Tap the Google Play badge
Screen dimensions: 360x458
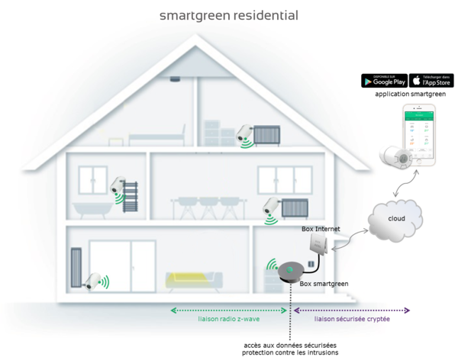tap(383, 81)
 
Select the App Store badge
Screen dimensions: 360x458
tap(431, 81)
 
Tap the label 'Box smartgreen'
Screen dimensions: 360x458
tap(324, 284)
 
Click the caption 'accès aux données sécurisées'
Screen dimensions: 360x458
tap(290, 345)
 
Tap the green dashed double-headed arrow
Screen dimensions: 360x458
tap(229, 310)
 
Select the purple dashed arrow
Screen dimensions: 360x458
tap(352, 310)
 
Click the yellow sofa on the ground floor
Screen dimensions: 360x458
tap(194, 279)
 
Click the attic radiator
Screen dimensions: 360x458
tap(268, 136)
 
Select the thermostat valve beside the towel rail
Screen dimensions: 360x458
tap(117, 185)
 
